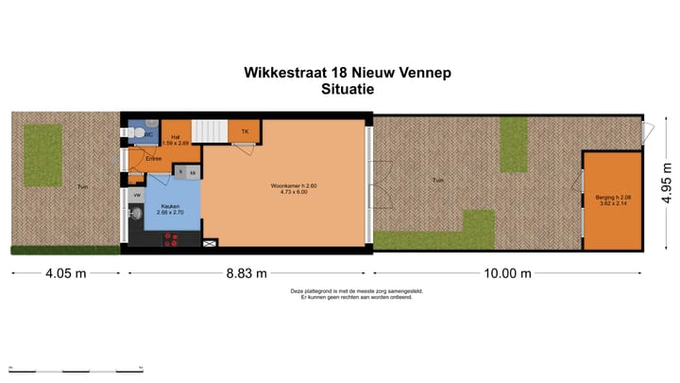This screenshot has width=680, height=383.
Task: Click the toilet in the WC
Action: tap(138, 135)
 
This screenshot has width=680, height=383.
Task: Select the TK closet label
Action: tap(245, 131)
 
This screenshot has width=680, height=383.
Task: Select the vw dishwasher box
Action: tap(137, 195)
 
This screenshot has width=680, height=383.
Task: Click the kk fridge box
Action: tap(192, 173)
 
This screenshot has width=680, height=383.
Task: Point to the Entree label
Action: tap(153, 158)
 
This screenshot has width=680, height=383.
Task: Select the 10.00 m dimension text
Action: tap(508, 273)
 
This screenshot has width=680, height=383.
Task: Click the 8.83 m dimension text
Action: tap(246, 273)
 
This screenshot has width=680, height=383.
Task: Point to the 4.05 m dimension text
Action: tap(65, 273)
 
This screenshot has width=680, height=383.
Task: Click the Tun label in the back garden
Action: tap(437, 180)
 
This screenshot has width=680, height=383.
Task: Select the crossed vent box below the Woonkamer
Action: tap(210, 244)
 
